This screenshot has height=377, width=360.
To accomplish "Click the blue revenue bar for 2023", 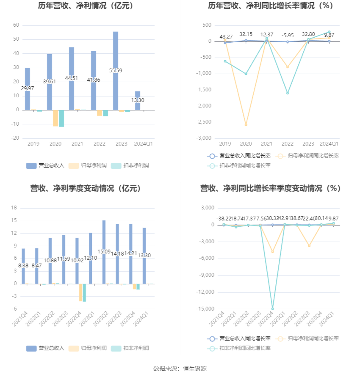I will pyautogui.click(x=115, y=51).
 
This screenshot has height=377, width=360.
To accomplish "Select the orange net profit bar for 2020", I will pyautogui.click(x=55, y=118).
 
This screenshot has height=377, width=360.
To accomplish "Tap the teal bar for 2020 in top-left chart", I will pyautogui.click(x=61, y=118).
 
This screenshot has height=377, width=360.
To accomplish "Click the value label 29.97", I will pyautogui.click(x=27, y=88).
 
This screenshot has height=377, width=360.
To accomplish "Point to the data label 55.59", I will pyautogui.click(x=115, y=70).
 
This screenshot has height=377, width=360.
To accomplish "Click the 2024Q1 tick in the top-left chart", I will pyautogui.click(x=143, y=144).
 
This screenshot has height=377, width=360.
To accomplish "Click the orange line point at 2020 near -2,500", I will pyautogui.click(x=246, y=125).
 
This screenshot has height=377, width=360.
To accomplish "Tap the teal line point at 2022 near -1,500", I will pyautogui.click(x=288, y=93).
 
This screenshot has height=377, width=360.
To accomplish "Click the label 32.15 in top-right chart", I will pyautogui.click(x=246, y=34).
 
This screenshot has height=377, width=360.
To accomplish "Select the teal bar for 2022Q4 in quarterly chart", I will pyautogui.click(x=84, y=293).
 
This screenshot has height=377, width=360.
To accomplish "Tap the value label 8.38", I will pyautogui.click(x=23, y=265).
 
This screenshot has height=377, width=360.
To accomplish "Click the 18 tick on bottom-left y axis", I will pyautogui.click(x=14, y=208).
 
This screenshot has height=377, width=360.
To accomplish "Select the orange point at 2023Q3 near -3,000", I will pyautogui.click(x=309, y=246).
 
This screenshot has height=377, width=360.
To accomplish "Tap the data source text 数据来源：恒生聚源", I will pyautogui.click(x=180, y=369).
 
